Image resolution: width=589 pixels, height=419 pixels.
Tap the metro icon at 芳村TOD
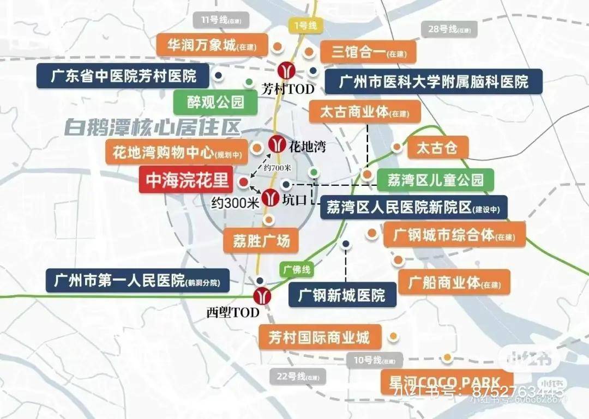pyautogui.click(x=285, y=70)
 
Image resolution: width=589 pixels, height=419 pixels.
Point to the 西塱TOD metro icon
pyautogui.click(x=262, y=295)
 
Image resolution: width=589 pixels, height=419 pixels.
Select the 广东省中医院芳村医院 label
pyautogui.click(x=123, y=76)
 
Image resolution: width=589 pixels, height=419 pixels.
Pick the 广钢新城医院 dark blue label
pyautogui.click(x=342, y=295)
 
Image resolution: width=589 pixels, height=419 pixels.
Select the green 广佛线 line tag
pyautogui.click(x=297, y=269)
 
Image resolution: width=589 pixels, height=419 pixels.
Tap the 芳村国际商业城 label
pyautogui.click(x=319, y=337)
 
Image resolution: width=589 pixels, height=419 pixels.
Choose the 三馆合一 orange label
pyautogui.click(x=367, y=52)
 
